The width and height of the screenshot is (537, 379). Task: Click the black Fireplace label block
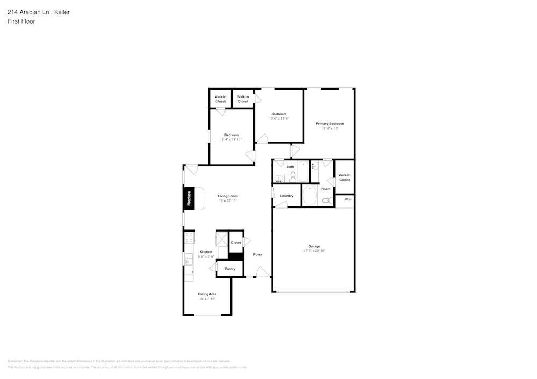(188, 198)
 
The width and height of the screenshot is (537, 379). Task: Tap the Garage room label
(314, 246)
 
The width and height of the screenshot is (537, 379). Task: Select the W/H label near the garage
(347, 199)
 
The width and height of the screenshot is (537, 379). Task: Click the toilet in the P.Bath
(325, 200)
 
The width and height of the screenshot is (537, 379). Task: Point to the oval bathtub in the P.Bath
(310, 196)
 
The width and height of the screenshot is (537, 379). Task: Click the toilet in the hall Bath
(293, 175)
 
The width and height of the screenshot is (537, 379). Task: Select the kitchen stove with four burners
(189, 237)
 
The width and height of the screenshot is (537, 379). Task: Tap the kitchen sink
(188, 259)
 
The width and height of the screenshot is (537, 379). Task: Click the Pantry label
(230, 269)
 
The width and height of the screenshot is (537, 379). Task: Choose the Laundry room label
(287, 196)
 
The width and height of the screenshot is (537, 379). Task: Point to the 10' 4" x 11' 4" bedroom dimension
(279, 118)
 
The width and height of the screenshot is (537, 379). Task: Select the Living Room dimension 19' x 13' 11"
(228, 200)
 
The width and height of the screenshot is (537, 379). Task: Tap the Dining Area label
(207, 294)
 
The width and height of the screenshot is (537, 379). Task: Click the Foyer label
(258, 254)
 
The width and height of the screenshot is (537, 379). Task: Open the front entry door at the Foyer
(263, 274)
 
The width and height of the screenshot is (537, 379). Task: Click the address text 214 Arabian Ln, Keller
(38, 12)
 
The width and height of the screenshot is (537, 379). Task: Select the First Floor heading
(21, 21)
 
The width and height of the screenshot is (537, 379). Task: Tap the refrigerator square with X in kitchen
(222, 239)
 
